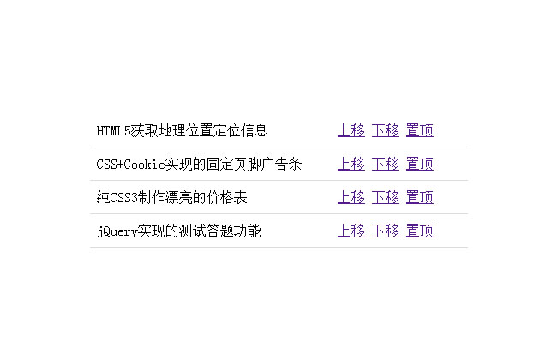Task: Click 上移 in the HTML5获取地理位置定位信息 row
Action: coord(351,130)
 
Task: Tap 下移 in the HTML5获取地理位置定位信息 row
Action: coord(386,130)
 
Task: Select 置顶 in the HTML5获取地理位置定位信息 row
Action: coord(420,130)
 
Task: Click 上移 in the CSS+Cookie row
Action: coord(351,164)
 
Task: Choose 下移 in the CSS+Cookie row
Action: coord(386,164)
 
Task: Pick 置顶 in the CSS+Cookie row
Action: coord(420,164)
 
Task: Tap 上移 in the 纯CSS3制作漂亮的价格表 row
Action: coord(351,197)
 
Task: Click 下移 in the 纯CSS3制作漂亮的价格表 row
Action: coord(386,197)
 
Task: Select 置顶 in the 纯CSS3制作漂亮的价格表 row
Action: coord(420,197)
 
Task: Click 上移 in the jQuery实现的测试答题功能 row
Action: coord(351,231)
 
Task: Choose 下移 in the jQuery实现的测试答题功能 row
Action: coord(386,231)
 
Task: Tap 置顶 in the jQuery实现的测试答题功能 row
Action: coord(420,231)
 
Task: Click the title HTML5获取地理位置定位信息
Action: coord(183,130)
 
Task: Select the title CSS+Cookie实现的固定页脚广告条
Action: coord(199,164)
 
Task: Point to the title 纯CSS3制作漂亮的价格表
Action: coord(172,197)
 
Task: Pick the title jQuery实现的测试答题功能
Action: coord(179,231)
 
